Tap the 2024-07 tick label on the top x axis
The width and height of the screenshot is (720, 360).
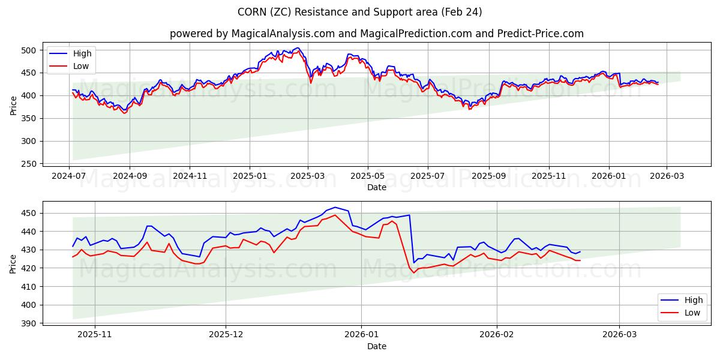(70, 176)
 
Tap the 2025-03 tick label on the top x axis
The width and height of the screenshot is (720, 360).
(308, 176)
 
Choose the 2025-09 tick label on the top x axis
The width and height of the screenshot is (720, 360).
(488, 176)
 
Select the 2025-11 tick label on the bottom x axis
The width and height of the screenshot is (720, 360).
(95, 335)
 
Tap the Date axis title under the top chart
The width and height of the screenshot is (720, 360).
(376, 187)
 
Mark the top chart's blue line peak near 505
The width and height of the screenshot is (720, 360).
(297, 48)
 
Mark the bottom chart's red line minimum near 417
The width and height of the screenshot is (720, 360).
(413, 273)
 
